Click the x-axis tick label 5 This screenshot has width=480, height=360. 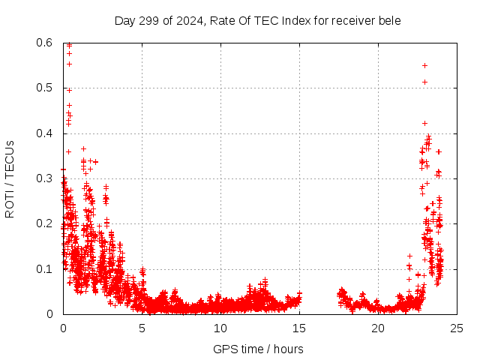142,328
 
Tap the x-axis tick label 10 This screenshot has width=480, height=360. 220,328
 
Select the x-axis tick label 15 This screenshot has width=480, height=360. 299,328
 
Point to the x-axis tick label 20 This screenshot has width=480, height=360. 378,328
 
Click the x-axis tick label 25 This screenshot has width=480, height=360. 457,328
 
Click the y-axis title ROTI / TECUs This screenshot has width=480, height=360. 10,178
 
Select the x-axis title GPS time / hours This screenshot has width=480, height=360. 258,349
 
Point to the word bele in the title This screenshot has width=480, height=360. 388,20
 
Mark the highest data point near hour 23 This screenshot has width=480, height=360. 424,65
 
